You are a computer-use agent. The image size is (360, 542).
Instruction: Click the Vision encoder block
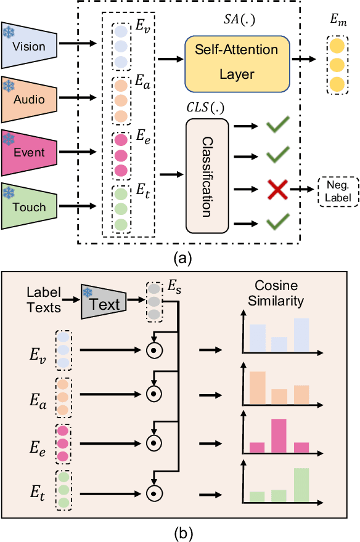point(31,46)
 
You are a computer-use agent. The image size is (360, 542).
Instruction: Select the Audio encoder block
point(31,97)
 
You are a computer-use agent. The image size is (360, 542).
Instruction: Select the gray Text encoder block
point(105,302)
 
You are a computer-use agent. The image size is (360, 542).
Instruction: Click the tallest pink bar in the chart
point(279,435)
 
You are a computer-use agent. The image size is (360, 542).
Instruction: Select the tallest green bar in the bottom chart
point(302,485)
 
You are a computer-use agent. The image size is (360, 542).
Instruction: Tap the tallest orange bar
point(256,387)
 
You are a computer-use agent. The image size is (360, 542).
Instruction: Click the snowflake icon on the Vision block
point(9,31)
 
